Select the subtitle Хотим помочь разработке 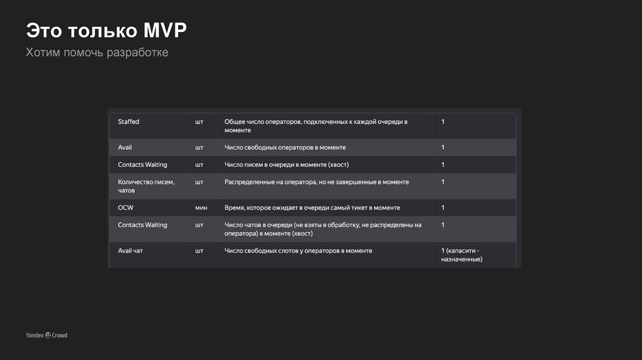pyautogui.click(x=97, y=53)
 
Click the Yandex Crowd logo pyautogui.click(x=46, y=336)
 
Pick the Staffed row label pyautogui.click(x=129, y=122)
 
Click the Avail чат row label pyautogui.click(x=130, y=251)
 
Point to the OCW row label pyautogui.click(x=125, y=208)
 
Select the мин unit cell pyautogui.click(x=201, y=208)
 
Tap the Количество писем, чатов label pyautogui.click(x=146, y=186)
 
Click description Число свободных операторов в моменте pyautogui.click(x=285, y=147)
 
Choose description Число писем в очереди pyautogui.click(x=287, y=165)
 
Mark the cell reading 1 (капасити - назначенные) pyautogui.click(x=461, y=255)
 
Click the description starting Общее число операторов pyautogui.click(x=316, y=125)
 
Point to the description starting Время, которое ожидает pyautogui.click(x=312, y=208)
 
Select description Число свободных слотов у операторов pyautogui.click(x=298, y=251)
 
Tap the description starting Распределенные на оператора pyautogui.click(x=317, y=182)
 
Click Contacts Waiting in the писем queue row pyautogui.click(x=142, y=165)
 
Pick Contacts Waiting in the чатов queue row pyautogui.click(x=142, y=225)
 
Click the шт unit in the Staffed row pyautogui.click(x=199, y=122)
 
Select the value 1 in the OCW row pyautogui.click(x=443, y=208)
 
